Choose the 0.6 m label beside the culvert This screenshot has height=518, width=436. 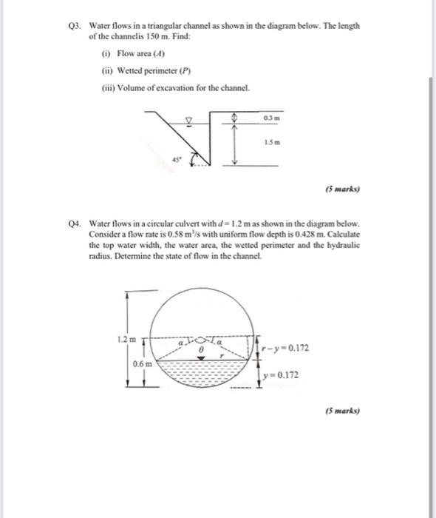click(143, 363)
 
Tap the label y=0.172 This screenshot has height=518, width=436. click(285, 374)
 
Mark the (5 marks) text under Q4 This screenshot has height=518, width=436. click(342, 408)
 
